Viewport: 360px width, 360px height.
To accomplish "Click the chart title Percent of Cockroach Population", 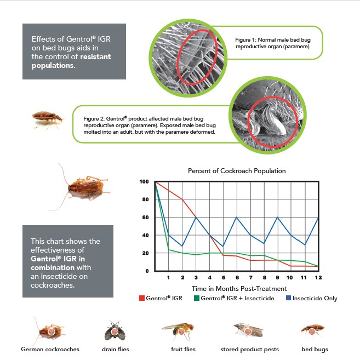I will pyautogui.click(x=237, y=171).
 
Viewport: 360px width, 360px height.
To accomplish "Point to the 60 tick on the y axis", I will pyautogui.click(x=145, y=218).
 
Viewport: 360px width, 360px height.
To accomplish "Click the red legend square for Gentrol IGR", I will pyautogui.click(x=141, y=298).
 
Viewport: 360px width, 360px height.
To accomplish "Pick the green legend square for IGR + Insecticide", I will pyautogui.click(x=196, y=298).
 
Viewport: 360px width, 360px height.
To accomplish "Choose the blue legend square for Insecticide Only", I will pyautogui.click(x=288, y=298).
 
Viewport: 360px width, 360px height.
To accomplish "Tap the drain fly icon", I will pyautogui.click(x=115, y=330).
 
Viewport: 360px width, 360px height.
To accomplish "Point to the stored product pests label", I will pyautogui.click(x=249, y=349).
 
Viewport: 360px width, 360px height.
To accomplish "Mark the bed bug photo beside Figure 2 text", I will pyautogui.click(x=44, y=117).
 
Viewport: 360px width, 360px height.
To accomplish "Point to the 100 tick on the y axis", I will pyautogui.click(x=144, y=181).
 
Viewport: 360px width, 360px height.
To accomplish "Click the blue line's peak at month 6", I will pyautogui.click(x=236, y=218).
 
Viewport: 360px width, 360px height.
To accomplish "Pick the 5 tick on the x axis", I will pyautogui.click(x=222, y=278).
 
